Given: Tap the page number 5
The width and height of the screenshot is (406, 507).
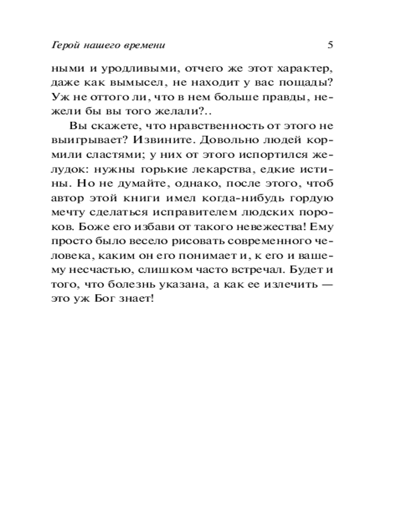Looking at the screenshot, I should point(330,45).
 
